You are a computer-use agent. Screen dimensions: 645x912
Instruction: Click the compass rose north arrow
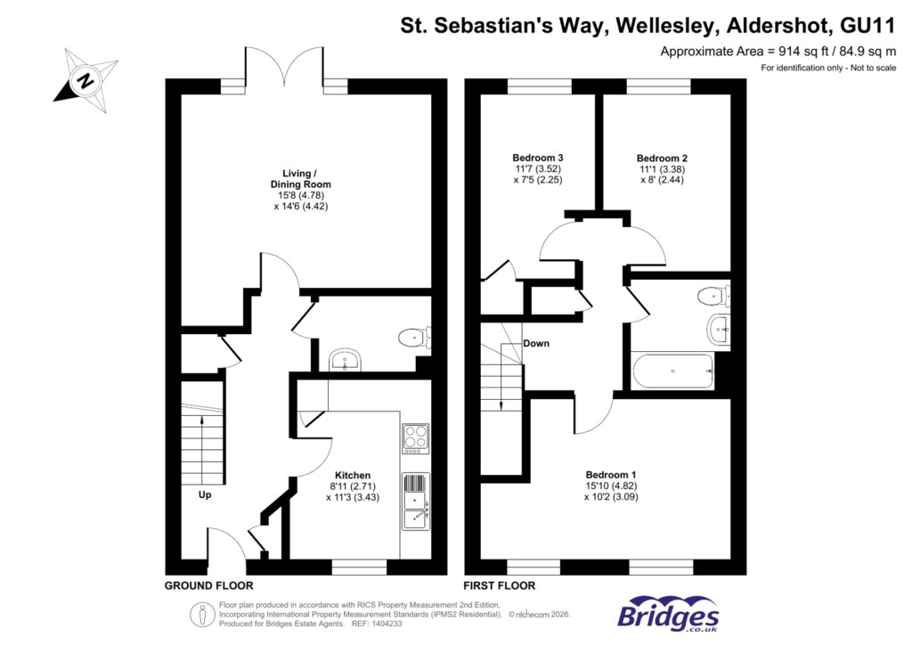pyautogui.click(x=85, y=80)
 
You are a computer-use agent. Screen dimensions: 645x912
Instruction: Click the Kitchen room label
pyautogui.click(x=352, y=475)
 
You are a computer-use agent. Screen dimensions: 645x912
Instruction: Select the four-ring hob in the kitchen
pyautogui.click(x=415, y=438)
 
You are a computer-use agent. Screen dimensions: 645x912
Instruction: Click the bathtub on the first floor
pyautogui.click(x=672, y=371)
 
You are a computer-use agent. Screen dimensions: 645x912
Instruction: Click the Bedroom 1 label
pyautogui.click(x=610, y=474)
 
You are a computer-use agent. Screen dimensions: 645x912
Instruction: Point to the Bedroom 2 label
pyautogui.click(x=662, y=158)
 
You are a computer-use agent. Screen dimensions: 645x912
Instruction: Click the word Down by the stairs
pyautogui.click(x=536, y=343)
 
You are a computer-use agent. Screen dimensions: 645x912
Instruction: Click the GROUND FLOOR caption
pyautogui.click(x=208, y=585)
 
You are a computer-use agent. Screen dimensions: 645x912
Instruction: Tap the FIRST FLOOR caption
pyautogui.click(x=500, y=585)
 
